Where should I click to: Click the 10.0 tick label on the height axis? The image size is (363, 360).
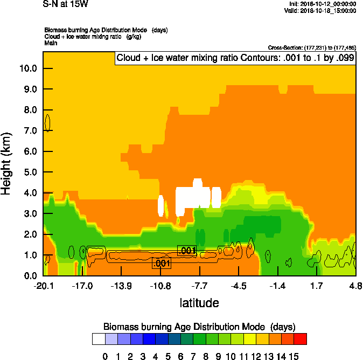pyautogui.click(x=28, y=68)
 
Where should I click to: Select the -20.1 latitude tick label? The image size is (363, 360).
pyautogui.click(x=43, y=286)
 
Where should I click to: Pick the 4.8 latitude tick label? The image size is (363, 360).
pyautogui.click(x=355, y=286)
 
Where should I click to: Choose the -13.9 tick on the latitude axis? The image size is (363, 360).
pyautogui.click(x=122, y=286)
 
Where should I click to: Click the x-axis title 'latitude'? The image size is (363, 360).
pyautogui.click(x=199, y=303)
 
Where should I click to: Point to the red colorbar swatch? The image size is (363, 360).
pyautogui.click(x=301, y=338)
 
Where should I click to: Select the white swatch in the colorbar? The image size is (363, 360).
pyautogui.click(x=99, y=338)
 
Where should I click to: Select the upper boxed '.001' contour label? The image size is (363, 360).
pyautogui.click(x=187, y=250)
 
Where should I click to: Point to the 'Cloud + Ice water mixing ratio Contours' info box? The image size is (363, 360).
pyautogui.click(x=235, y=58)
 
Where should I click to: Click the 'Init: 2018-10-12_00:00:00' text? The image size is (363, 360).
pyautogui.click(x=322, y=4)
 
